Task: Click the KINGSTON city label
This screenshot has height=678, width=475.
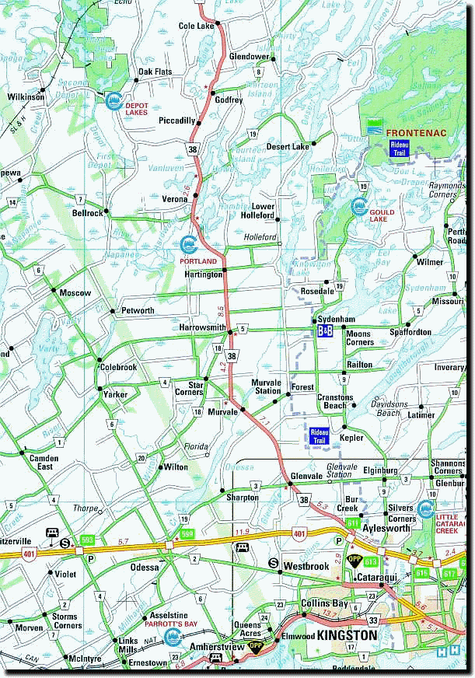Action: click(x=344, y=636)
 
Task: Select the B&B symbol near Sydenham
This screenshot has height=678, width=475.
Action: click(x=325, y=331)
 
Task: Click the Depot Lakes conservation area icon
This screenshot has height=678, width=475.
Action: click(x=114, y=100)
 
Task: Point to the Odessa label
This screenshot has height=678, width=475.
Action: click(x=145, y=568)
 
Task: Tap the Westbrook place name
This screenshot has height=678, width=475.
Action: click(x=306, y=566)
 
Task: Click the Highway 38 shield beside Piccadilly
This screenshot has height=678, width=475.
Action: click(x=191, y=147)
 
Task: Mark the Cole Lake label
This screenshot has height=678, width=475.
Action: click(x=195, y=26)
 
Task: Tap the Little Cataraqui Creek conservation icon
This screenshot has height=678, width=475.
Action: click(x=426, y=511)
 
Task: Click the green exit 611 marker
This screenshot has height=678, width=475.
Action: click(x=353, y=522)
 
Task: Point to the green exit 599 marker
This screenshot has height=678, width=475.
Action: click(x=187, y=533)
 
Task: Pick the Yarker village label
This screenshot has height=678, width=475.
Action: click(x=115, y=395)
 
